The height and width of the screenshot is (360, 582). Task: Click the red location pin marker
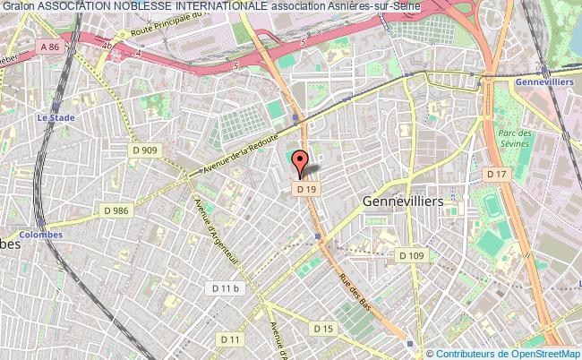pyautogui.click(x=301, y=163)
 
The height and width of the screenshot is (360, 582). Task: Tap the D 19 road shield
pyautogui.click(x=306, y=189)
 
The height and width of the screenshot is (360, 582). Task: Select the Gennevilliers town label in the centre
pyautogui.click(x=404, y=201)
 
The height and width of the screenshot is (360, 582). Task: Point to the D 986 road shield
pyautogui.click(x=116, y=210)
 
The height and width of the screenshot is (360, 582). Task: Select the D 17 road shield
pyautogui.click(x=495, y=173)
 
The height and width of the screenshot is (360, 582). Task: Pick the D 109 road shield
pyautogui.click(x=411, y=255)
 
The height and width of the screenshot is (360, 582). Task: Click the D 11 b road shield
pyautogui.click(x=224, y=287)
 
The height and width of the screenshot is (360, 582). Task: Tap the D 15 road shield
pyautogui.click(x=323, y=330)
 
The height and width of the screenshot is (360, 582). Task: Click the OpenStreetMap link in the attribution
pyautogui.click(x=545, y=354)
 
